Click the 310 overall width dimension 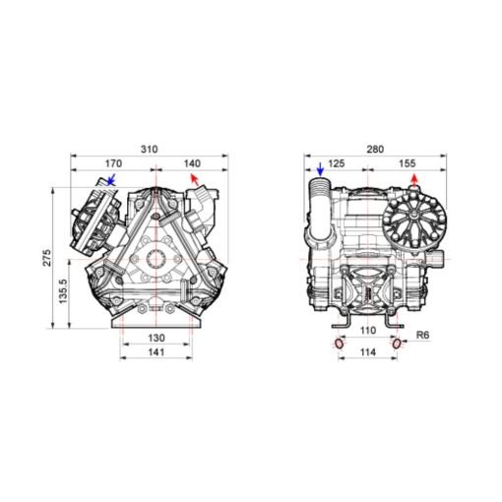(150, 150)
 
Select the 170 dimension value (113, 163)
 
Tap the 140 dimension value (192, 163)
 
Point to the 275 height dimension (47, 258)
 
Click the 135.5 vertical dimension (63, 291)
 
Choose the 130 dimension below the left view (157, 338)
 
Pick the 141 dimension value (157, 352)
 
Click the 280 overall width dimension (375, 150)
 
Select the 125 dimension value (337, 163)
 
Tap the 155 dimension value (408, 163)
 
